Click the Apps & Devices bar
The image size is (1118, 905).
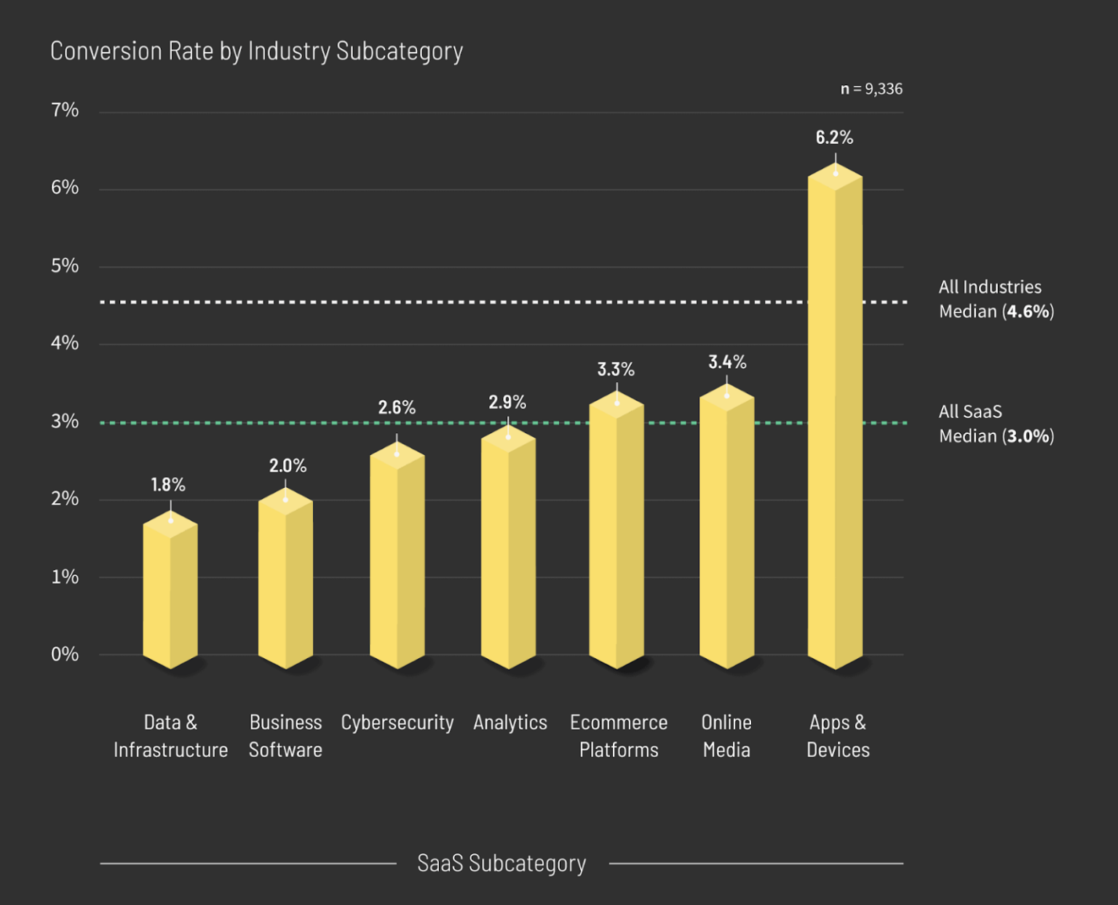835,422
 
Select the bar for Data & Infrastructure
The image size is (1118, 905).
170,593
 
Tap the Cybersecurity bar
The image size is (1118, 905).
397,561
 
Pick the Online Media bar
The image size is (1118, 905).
726,531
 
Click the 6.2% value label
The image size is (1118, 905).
834,138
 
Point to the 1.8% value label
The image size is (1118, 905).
168,485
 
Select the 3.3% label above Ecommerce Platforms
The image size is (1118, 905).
616,370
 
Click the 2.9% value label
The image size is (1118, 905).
507,403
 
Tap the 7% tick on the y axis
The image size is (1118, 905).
65,110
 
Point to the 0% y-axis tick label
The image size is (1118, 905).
65,654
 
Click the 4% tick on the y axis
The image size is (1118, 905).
65,343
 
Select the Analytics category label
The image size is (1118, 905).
510,722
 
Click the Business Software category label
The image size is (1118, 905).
285,735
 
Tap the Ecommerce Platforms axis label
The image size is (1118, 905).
619,735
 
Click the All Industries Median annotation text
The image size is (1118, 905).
996,299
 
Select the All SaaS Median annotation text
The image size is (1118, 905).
996,424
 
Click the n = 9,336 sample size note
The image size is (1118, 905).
871,89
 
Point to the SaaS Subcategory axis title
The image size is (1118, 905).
501,863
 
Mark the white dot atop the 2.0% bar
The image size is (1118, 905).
285,499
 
